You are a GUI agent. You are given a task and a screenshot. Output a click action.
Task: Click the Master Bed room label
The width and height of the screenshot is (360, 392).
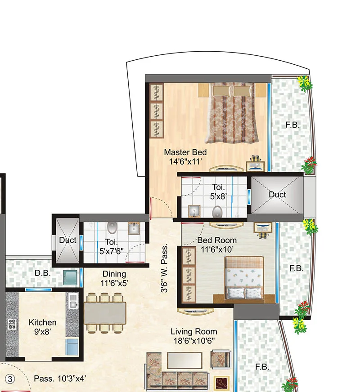click(185, 152)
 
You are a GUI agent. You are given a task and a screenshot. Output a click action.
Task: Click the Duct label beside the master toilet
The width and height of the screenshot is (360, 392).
click(277, 195)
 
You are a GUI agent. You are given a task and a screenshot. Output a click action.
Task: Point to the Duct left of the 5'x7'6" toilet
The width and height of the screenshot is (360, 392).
click(67, 241)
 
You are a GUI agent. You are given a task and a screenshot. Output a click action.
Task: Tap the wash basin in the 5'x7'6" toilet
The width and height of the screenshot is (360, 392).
click(134, 230)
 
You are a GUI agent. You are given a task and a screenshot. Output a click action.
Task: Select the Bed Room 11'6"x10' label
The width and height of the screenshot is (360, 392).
click(217, 245)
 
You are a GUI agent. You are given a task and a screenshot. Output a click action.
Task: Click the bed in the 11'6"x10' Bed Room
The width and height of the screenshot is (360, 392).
click(244, 277)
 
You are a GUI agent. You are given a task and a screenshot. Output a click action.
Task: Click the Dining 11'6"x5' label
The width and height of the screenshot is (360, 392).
click(114, 279)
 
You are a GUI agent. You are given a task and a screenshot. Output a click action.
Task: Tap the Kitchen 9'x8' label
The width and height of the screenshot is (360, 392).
click(43, 327)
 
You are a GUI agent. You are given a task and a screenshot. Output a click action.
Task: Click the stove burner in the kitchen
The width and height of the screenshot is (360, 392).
click(11, 325)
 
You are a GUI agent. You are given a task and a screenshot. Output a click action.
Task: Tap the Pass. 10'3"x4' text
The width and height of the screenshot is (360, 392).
click(60, 379)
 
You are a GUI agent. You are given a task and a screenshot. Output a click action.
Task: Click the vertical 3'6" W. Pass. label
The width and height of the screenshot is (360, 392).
click(165, 269)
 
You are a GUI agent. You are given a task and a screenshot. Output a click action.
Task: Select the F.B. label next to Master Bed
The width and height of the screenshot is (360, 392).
click(292, 125)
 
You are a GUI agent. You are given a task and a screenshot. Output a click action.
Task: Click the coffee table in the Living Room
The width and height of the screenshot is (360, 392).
click(185, 360)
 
